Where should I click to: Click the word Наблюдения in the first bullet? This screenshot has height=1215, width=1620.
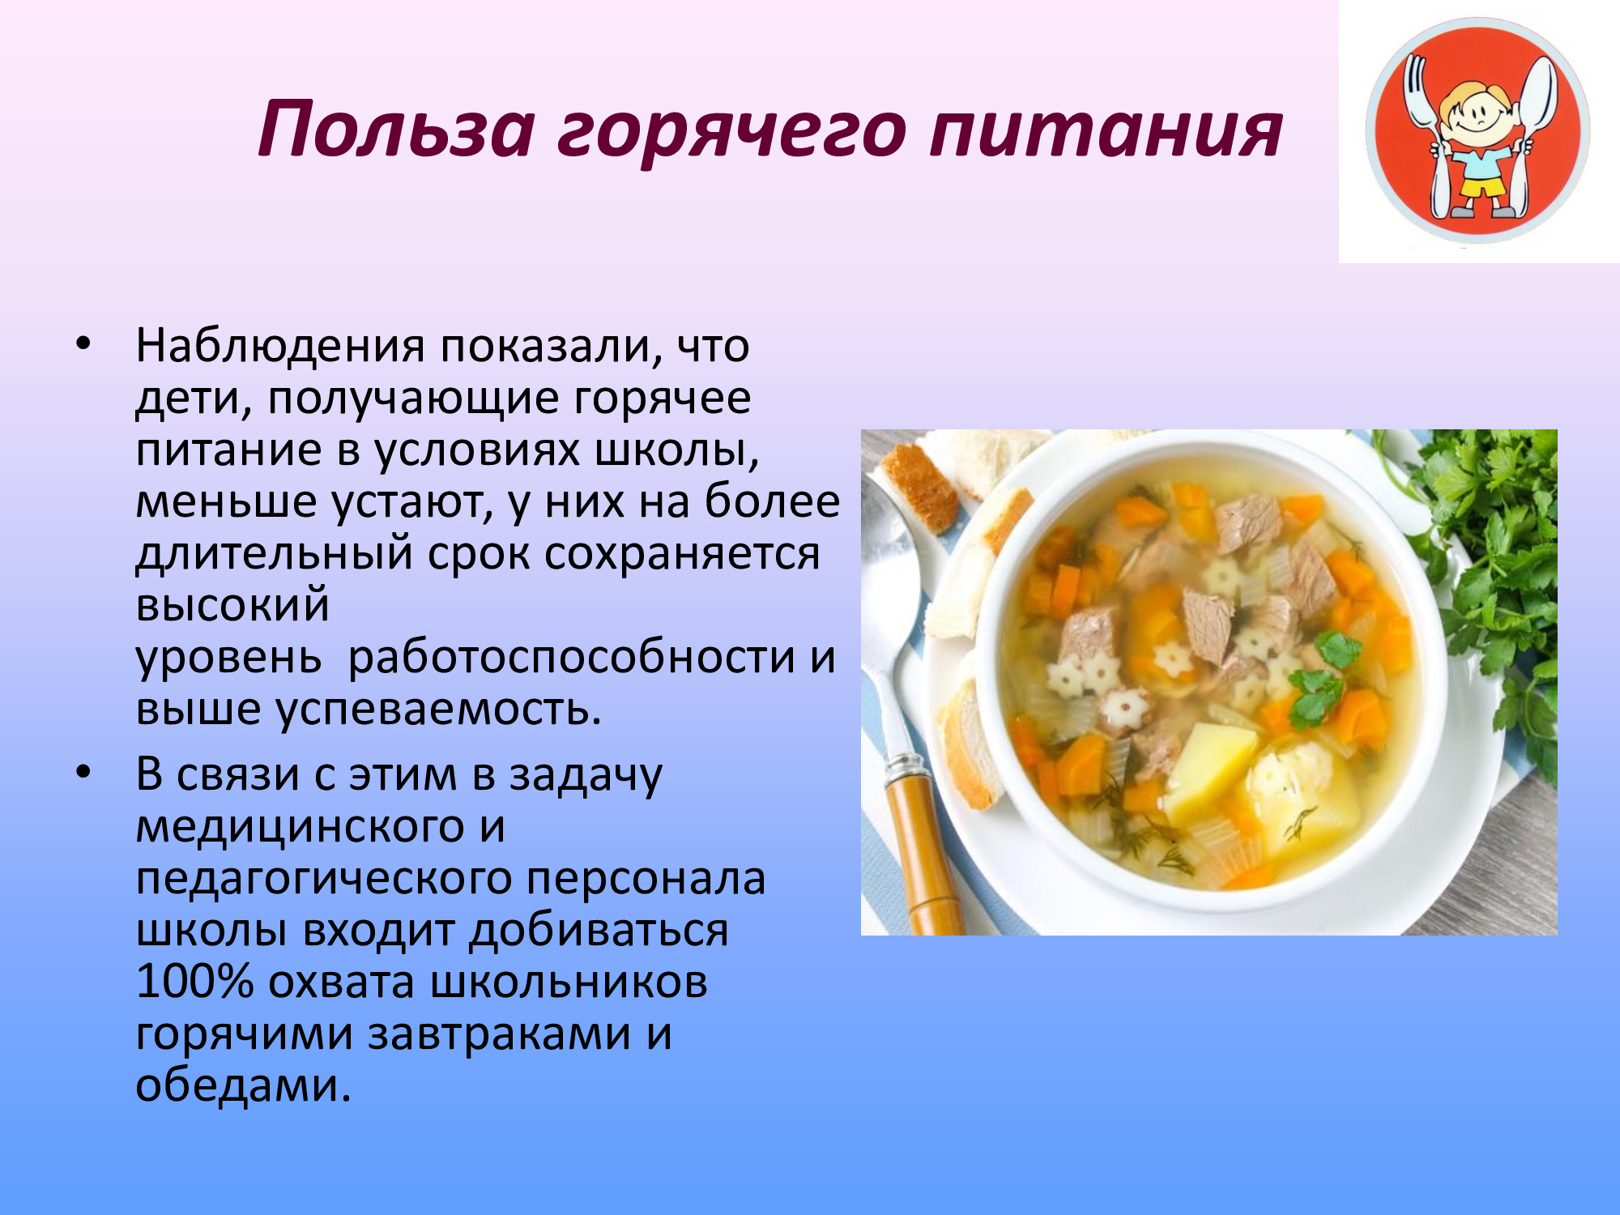tap(280, 347)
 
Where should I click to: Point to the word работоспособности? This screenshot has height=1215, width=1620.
tap(571, 659)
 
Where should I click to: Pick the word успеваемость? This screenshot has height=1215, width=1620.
tap(438, 710)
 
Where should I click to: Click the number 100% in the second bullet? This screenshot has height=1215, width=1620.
tap(194, 982)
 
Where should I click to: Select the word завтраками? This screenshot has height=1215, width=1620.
tap(499, 1036)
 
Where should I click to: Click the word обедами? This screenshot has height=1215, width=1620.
tap(243, 1085)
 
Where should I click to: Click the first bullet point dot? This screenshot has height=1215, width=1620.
tap(83, 344)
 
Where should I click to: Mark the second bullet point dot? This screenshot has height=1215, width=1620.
tap(83, 773)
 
